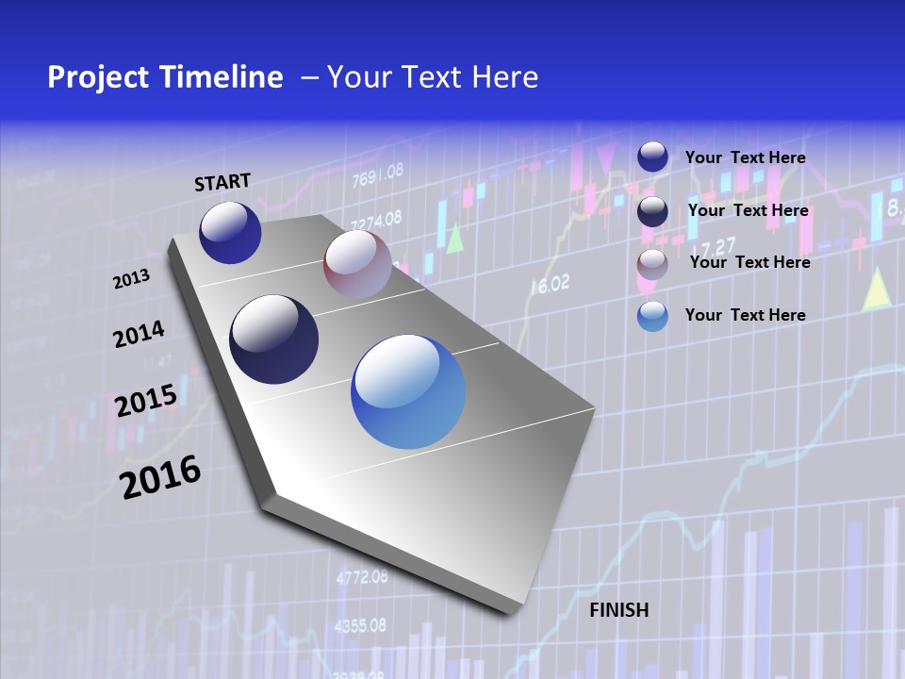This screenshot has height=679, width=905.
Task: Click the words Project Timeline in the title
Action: tap(165, 77)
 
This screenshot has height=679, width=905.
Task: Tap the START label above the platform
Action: tap(222, 182)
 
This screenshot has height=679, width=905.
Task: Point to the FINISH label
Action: tap(619, 610)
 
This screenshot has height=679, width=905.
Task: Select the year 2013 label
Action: tap(131, 279)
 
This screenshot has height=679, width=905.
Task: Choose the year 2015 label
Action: tap(146, 401)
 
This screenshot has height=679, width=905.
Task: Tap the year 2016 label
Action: tap(160, 476)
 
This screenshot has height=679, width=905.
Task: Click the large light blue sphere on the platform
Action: tap(408, 391)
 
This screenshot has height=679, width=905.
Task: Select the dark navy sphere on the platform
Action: tap(274, 339)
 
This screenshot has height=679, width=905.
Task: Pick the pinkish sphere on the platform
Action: tap(357, 264)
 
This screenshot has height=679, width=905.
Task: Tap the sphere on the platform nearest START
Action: tap(230, 232)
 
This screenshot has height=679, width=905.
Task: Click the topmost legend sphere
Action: tap(652, 157)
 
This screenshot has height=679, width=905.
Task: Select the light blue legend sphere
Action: tap(652, 316)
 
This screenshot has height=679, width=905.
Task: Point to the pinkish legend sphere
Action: tap(652, 264)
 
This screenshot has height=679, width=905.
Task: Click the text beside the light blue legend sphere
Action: tap(745, 315)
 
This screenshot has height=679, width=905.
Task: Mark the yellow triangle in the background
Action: tap(877, 290)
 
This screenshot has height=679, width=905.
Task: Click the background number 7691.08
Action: tap(377, 174)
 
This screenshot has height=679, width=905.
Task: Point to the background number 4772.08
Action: tap(362, 577)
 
